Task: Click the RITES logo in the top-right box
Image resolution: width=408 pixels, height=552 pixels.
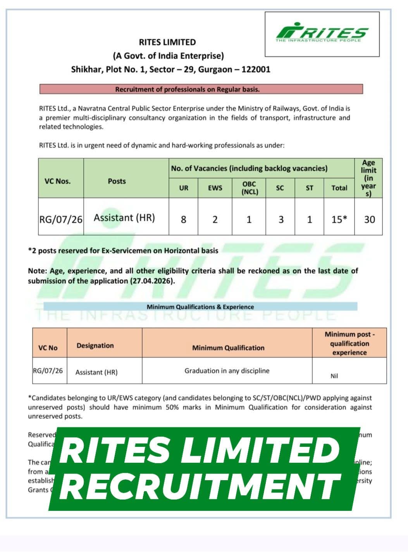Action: (x=322, y=34)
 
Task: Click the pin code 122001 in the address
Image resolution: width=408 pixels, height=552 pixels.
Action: (x=256, y=69)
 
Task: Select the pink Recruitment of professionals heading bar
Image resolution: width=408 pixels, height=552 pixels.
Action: (x=201, y=89)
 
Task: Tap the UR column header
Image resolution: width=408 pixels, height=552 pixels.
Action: (x=184, y=188)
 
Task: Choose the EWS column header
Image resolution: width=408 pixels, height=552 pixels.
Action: (x=215, y=188)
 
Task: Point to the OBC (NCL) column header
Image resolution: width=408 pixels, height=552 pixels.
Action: (x=249, y=188)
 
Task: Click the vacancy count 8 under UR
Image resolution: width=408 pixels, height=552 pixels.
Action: (x=184, y=219)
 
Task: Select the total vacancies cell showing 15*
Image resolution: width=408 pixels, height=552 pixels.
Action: (x=339, y=219)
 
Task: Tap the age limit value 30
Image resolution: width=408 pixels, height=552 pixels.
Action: (x=369, y=219)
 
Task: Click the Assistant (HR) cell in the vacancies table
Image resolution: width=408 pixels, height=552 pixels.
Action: (x=124, y=218)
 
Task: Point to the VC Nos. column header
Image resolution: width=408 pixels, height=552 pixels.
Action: (x=58, y=181)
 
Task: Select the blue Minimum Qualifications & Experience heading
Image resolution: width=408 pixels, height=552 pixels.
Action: (x=200, y=307)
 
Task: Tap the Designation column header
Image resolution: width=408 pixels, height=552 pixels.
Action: (x=95, y=345)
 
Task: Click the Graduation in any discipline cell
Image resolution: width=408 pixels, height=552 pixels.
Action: (x=227, y=371)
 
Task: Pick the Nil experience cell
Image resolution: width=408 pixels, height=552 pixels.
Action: (x=334, y=376)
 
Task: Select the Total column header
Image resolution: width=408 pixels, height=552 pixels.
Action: (x=339, y=188)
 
